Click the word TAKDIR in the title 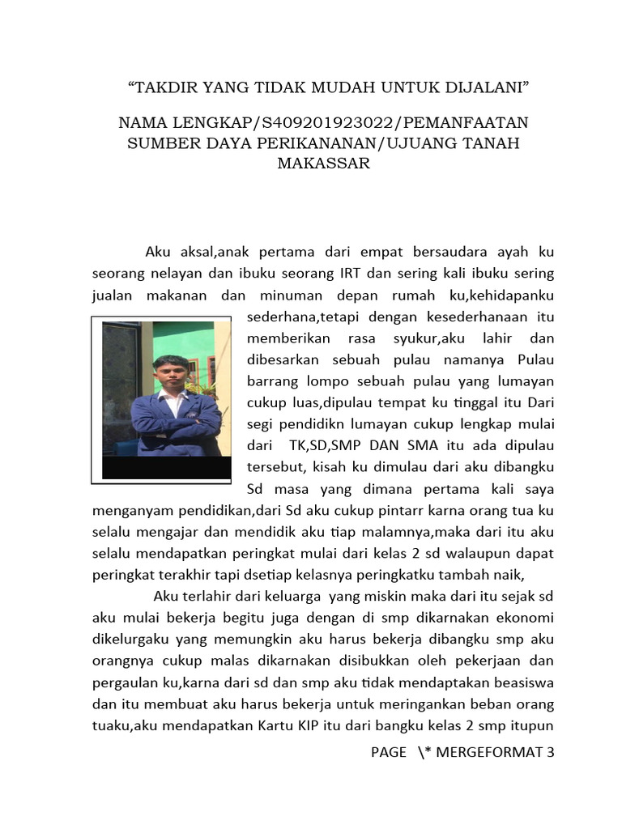pyautogui.click(x=167, y=86)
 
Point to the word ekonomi pyautogui.click(x=527, y=619)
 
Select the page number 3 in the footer pyautogui.click(x=551, y=752)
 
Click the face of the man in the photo pyautogui.click(x=171, y=374)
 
